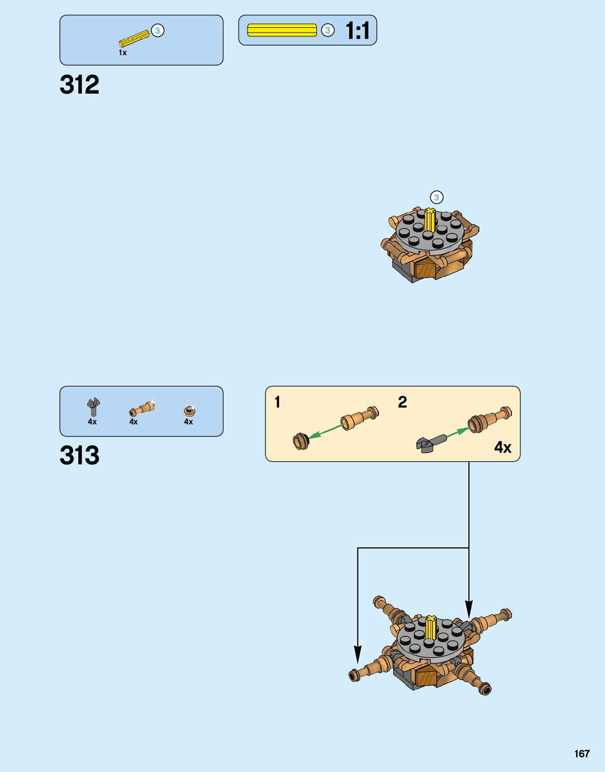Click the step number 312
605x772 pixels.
coord(79,85)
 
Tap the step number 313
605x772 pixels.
coord(79,455)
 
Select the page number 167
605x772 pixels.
coord(582,754)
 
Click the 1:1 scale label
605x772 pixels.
coord(357,31)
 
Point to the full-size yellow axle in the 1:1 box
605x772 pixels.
coord(282,31)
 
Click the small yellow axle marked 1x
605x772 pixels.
coord(134,39)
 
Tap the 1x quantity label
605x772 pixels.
coord(122,53)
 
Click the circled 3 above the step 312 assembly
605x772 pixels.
coord(436,197)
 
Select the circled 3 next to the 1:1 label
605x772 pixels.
coord(327,31)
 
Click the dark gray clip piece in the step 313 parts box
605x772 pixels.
coord(93,407)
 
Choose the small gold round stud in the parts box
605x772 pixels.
coord(189,411)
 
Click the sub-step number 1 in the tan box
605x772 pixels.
coord(278,402)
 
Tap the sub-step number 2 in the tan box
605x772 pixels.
coord(402,402)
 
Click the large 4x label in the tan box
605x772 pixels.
coord(503,448)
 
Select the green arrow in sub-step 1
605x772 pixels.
coord(326,431)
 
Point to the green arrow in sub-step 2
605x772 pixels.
coord(457,432)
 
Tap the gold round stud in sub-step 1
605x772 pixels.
coord(301,441)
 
